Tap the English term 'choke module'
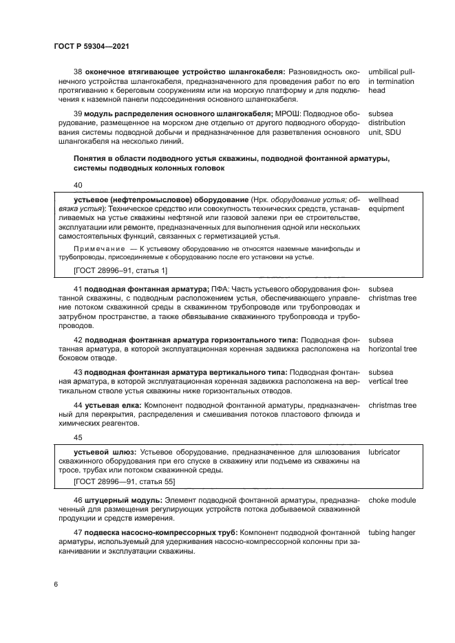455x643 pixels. click(392, 499)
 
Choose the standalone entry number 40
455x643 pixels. click(77, 184)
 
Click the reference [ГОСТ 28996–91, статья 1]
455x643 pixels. click(111, 272)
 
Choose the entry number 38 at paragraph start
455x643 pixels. click(77, 71)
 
